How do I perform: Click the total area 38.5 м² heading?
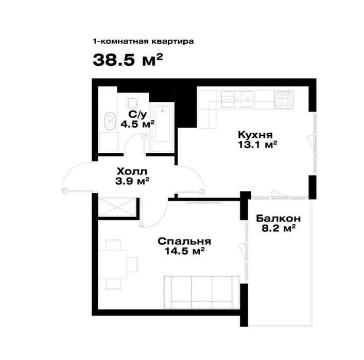[128, 60]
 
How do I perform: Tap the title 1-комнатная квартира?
[143, 42]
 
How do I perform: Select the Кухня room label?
[255, 135]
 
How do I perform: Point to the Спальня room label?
[184, 241]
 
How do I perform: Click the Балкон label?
[279, 218]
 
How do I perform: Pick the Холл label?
[132, 171]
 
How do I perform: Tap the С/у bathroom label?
[137, 114]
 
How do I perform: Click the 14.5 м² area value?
[184, 251]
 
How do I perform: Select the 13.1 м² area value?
[257, 145]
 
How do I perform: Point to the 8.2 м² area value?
[279, 228]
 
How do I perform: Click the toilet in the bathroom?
[132, 102]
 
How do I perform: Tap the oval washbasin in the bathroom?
[110, 121]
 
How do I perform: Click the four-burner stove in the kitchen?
[284, 100]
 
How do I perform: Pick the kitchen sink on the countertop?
[244, 99]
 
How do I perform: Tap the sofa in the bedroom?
[201, 292]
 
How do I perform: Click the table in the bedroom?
[113, 265]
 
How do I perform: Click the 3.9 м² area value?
[132, 181]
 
